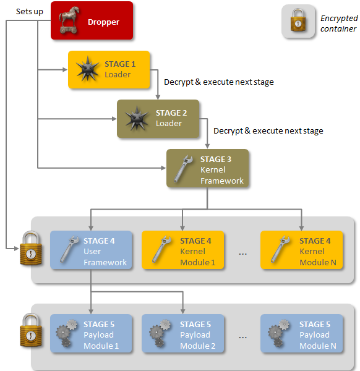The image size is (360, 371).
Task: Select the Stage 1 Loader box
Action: pyautogui.click(x=108, y=70)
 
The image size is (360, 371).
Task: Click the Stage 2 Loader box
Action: pyautogui.click(x=158, y=118)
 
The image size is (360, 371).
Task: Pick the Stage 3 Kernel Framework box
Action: pyautogui.click(x=207, y=169)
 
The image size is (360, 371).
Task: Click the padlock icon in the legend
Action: pyautogui.click(x=298, y=22)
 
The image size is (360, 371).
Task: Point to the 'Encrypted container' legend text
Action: pyautogui.click(x=338, y=23)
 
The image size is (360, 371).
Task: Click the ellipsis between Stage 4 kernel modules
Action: pyautogui.click(x=242, y=253)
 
